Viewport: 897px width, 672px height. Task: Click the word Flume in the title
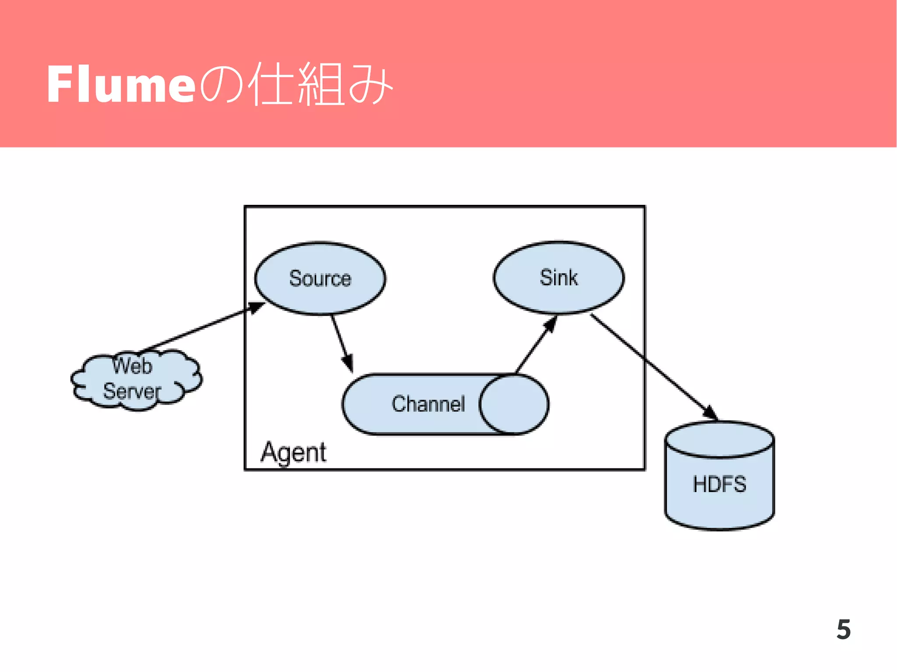click(120, 84)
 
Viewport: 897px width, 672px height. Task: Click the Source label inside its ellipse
click(320, 278)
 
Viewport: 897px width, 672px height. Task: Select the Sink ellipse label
click(558, 278)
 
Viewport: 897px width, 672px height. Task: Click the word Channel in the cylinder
click(428, 404)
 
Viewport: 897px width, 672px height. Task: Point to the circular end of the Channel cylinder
click(513, 404)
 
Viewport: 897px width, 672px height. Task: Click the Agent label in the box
click(293, 452)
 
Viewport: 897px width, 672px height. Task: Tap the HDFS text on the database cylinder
click(719, 484)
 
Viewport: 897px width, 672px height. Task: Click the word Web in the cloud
click(132, 366)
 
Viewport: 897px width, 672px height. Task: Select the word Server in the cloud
click(132, 391)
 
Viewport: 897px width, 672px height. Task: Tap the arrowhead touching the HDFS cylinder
click(710, 412)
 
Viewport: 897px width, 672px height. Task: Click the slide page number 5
click(843, 630)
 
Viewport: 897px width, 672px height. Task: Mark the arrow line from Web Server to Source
click(197, 330)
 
